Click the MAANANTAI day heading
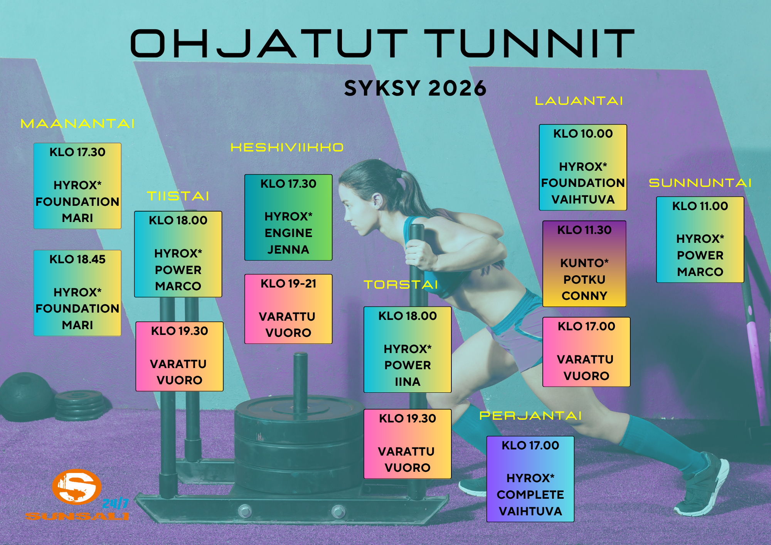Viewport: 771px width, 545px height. [77, 123]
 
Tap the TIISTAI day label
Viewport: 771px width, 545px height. [178, 196]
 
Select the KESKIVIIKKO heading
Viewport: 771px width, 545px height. [287, 147]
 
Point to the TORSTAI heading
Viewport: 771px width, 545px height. [401, 284]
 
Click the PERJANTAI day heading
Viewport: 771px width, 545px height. [530, 415]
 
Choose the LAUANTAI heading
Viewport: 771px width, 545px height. [579, 101]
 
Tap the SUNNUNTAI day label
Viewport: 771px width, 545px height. [700, 183]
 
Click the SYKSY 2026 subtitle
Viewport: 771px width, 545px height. [416, 88]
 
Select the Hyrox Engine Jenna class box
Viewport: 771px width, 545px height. [288, 217]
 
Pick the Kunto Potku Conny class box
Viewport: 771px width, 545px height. [584, 264]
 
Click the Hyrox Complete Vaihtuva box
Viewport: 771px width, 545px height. [530, 479]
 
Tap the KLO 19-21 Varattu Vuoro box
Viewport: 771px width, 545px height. [288, 309]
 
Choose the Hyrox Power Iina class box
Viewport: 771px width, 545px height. [407, 350]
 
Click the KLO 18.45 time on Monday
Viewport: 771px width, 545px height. [77, 259]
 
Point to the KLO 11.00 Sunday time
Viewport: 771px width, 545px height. [700, 206]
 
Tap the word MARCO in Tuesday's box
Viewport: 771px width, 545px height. [178, 286]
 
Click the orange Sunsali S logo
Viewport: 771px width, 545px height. [77, 487]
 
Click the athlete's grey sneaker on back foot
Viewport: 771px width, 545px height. [702, 486]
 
